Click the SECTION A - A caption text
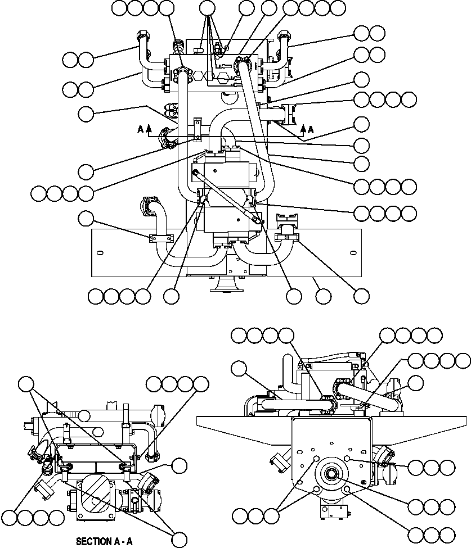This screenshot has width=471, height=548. pos(104,542)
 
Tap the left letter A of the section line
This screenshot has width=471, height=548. pos(140,129)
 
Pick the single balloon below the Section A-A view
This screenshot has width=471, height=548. pos(180,539)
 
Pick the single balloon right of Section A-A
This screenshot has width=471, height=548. pos(180,465)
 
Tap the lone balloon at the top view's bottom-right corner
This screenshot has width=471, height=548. pos(361,295)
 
